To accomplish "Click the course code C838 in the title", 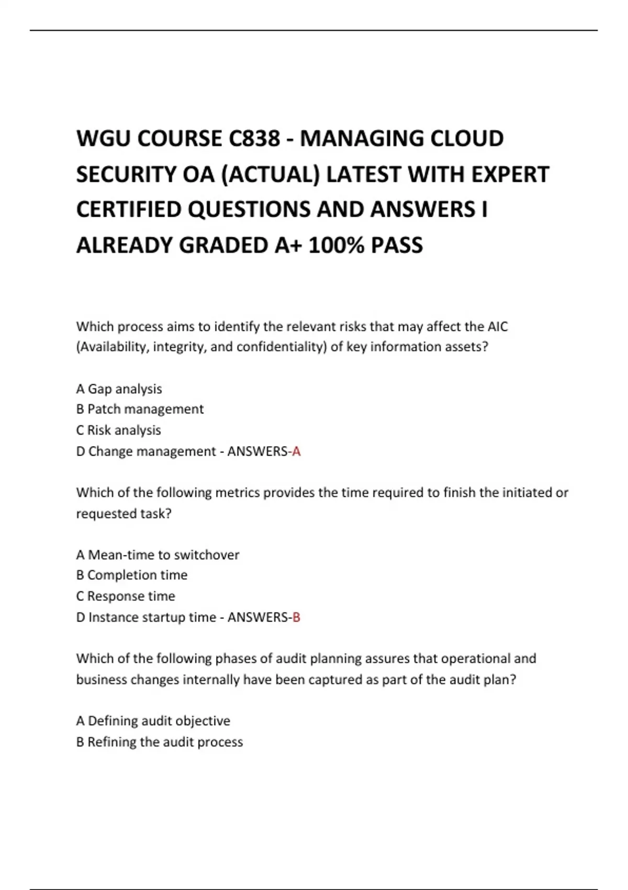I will click(x=254, y=139).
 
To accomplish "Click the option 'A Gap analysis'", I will click(x=119, y=389).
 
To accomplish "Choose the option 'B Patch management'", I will click(x=140, y=409).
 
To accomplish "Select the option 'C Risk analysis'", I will click(x=118, y=430).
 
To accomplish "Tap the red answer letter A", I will click(x=297, y=451).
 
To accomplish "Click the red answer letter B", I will click(x=296, y=617).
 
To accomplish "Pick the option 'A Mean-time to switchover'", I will click(x=158, y=555).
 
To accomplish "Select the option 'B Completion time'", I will click(x=132, y=575).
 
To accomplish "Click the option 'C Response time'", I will click(x=126, y=596).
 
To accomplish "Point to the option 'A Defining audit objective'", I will click(x=153, y=721).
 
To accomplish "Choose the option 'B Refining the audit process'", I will click(x=160, y=742).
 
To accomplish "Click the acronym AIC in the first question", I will click(x=497, y=327).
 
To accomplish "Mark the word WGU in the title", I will click(x=97, y=139).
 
